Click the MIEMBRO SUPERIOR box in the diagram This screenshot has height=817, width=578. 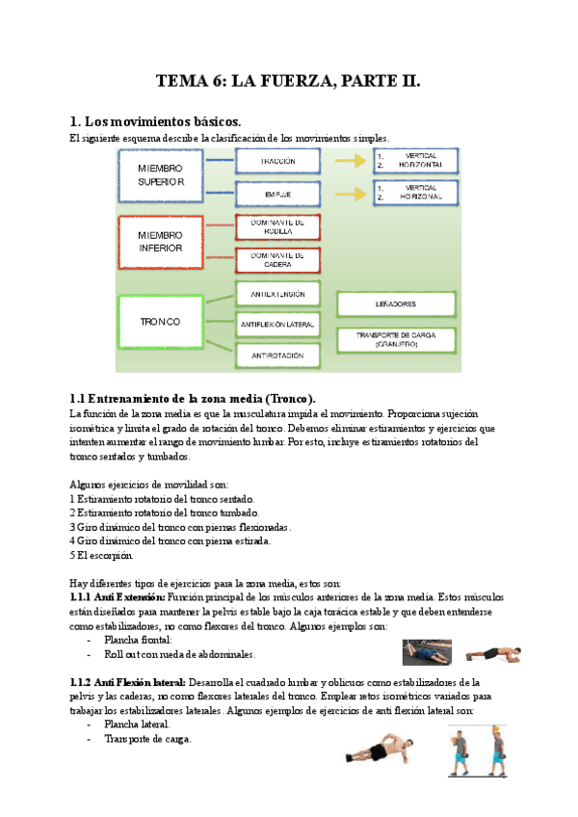pos(160,174)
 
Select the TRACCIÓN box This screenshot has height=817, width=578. pos(277,161)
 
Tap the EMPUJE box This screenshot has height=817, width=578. pos(277,194)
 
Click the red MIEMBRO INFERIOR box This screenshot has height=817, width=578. pos(160,242)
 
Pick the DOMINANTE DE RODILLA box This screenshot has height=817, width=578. pos(277,227)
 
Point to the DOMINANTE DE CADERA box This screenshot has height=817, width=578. pos(277,260)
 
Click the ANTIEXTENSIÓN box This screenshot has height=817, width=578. pos(277,294)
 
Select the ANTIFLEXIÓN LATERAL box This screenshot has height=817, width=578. pos(277,325)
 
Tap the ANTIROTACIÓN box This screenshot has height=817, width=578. pos(277,356)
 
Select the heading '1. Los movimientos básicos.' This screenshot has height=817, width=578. pos(155,121)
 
